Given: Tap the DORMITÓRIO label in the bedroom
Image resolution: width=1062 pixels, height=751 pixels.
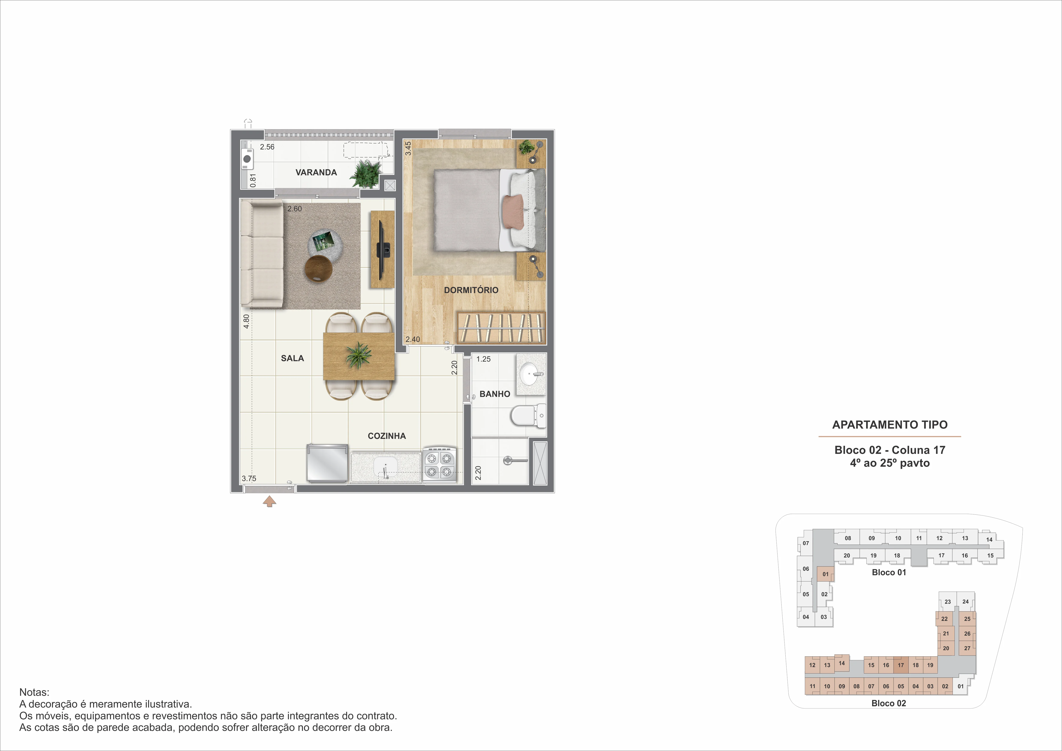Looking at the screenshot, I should coord(471,290).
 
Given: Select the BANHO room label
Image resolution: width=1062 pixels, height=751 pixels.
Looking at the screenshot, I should coord(495,394).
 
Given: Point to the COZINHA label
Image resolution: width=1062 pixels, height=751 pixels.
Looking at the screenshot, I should coord(387,436).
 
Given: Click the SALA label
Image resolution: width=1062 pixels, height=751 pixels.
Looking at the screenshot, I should coord(292,358).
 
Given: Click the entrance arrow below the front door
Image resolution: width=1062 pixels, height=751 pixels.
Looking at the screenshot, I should coord(269,501).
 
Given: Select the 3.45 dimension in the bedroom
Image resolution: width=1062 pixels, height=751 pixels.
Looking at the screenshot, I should coord(408,148).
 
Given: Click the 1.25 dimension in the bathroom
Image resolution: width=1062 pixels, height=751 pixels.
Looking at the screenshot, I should coord(483,359).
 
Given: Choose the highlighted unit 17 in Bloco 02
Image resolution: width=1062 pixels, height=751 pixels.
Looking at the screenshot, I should coord(901,665).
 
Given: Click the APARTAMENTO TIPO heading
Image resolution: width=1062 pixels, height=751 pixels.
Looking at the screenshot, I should coord(889,425).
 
